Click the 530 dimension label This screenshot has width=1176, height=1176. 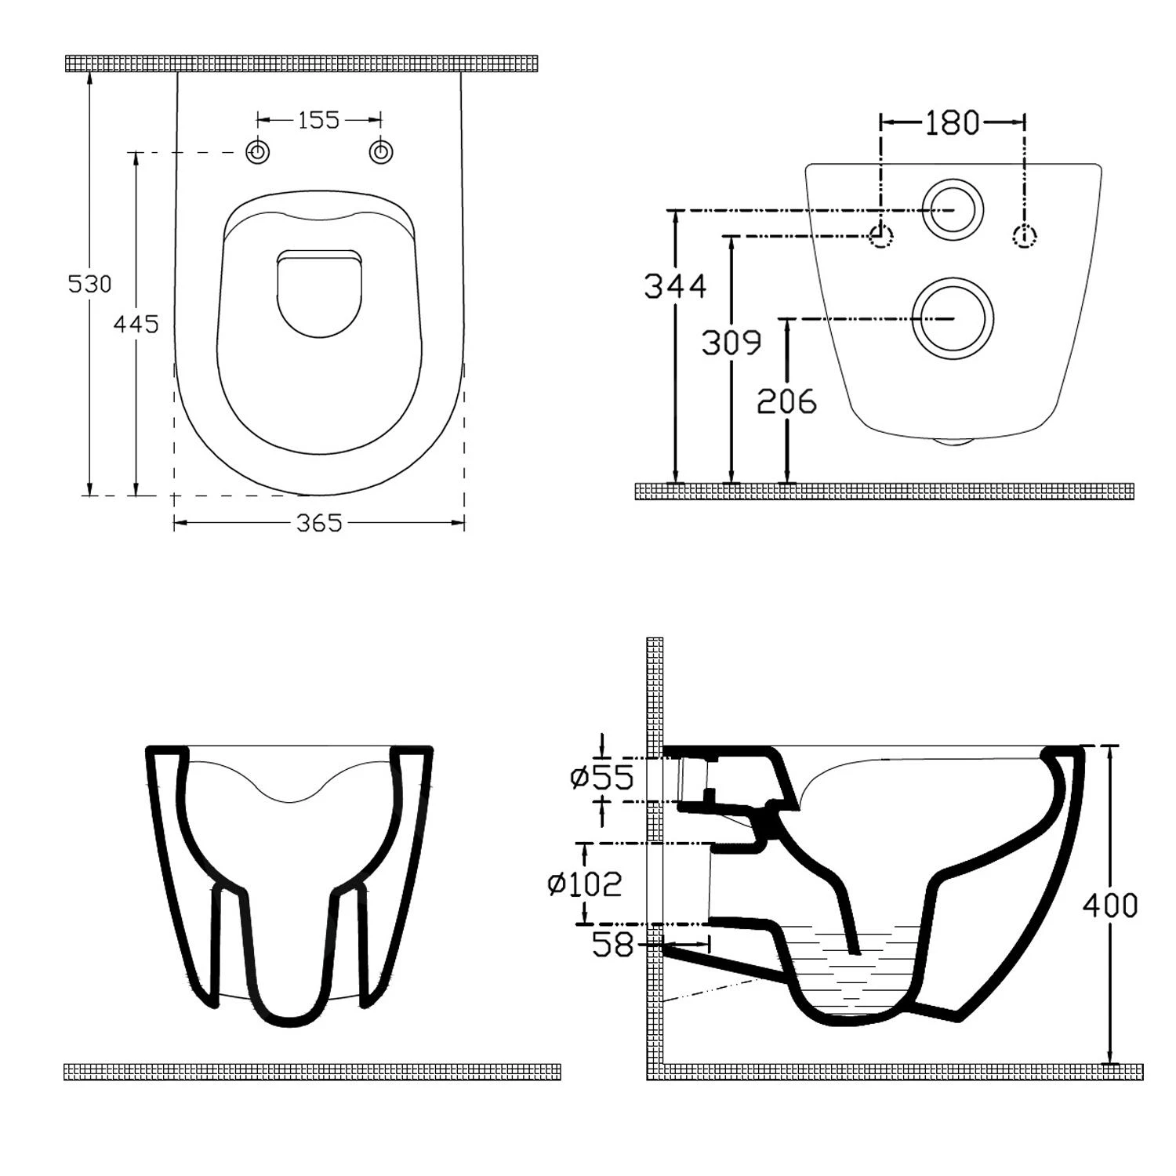pos(89,283)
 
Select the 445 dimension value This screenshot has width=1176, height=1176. pos(136,323)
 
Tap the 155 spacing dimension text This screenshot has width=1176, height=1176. pos(319,120)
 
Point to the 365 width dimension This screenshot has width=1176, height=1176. pos(319,523)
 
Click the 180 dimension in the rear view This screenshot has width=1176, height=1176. pos(953,122)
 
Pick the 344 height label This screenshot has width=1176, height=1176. pos(675,286)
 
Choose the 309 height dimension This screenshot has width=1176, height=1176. pos(731,343)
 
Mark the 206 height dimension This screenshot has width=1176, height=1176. pos(786,401)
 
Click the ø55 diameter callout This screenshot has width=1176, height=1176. pos(602,777)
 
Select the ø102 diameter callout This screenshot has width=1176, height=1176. pos(585,884)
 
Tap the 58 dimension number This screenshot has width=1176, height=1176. pos(612,945)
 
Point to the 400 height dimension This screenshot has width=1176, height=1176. pos(1109,905)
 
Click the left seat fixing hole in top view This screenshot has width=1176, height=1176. pos(258,152)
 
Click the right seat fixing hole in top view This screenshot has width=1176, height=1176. pos(381,152)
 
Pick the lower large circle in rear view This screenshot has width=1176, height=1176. pos(953,318)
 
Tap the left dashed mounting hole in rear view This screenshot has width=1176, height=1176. pos(882,236)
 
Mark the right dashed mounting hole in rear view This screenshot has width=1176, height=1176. pos(1025,236)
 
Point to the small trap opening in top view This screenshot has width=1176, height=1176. pos(319,292)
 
